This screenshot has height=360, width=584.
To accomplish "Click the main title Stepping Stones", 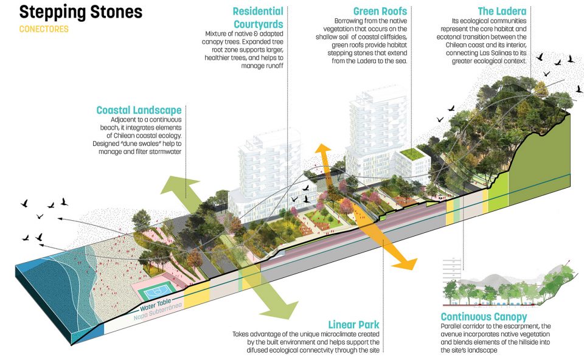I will [81, 12].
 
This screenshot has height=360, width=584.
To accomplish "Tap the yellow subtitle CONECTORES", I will [44, 29].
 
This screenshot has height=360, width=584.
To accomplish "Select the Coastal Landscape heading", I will [139, 110].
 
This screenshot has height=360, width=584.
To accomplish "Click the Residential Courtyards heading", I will [258, 18].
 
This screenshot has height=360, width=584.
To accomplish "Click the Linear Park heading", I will [353, 324].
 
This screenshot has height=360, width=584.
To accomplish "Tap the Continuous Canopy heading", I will [484, 317].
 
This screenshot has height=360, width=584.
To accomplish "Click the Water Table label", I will [157, 309].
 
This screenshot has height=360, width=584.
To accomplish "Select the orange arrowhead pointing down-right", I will [406, 263].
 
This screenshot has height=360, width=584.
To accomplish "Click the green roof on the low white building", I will [414, 154].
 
